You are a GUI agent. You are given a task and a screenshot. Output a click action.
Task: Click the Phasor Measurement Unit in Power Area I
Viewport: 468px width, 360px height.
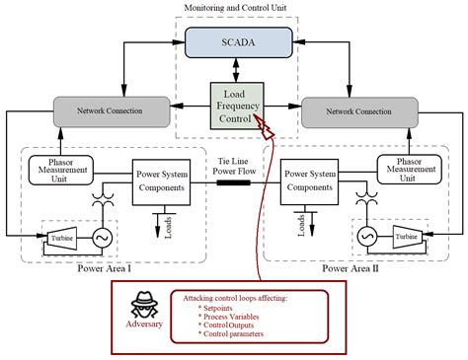tap(63, 168)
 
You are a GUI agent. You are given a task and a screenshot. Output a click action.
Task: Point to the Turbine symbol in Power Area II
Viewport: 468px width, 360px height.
tap(405, 237)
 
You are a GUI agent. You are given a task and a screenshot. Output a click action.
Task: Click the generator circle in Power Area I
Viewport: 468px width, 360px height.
tap(99, 237)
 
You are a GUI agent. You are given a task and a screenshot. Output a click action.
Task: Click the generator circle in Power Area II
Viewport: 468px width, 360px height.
tap(366, 237)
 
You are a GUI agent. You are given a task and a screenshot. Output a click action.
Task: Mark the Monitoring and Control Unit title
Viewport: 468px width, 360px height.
tap(234, 9)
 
